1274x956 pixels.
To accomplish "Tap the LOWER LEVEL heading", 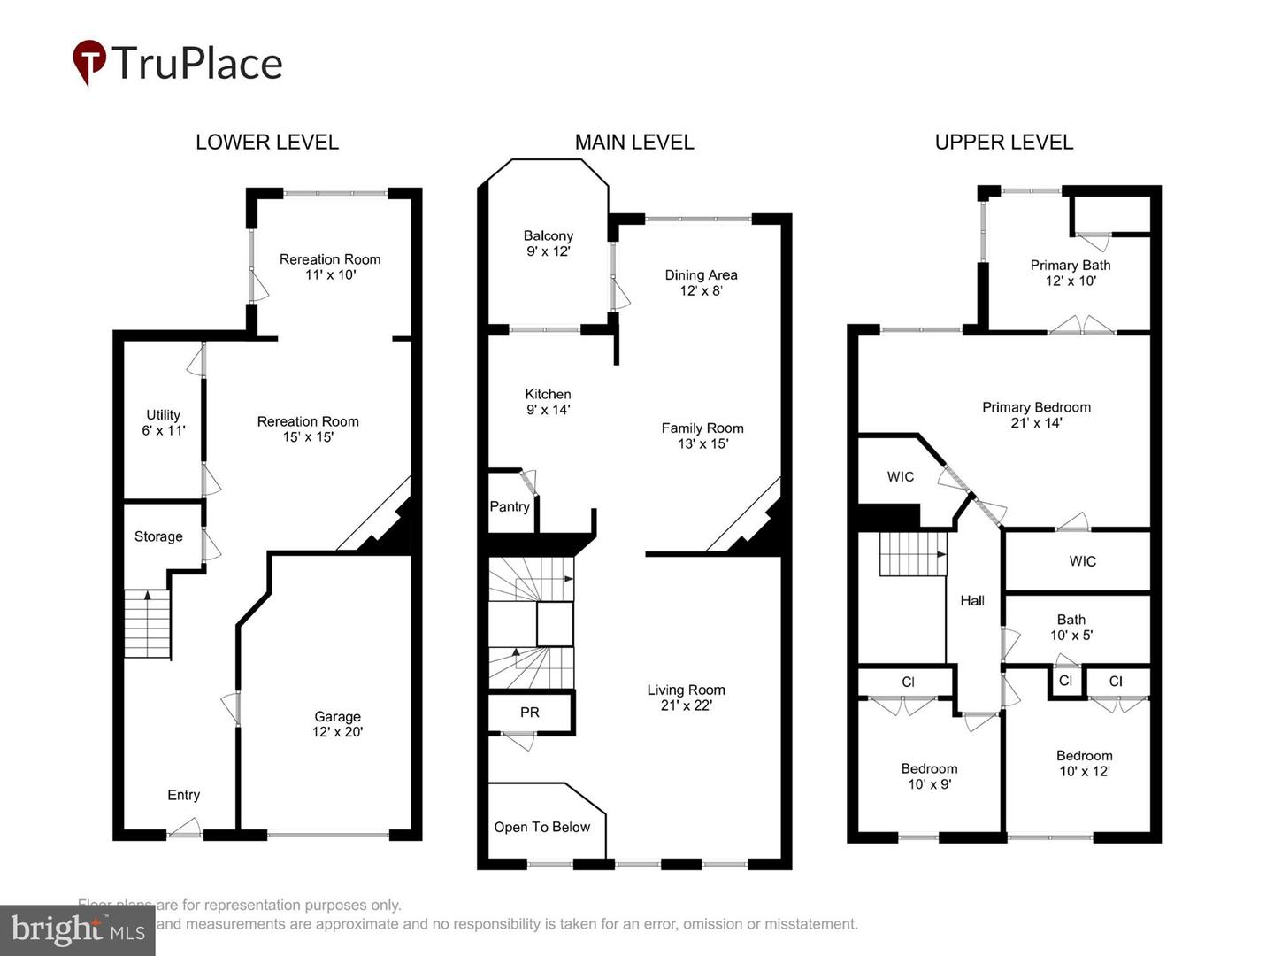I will [266, 142].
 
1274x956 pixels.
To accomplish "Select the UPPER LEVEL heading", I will [1003, 142].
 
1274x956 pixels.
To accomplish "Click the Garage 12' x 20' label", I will [337, 724].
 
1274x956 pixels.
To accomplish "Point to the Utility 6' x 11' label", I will [163, 422].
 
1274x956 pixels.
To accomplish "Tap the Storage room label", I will [158, 536].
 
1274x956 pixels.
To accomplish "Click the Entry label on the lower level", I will [183, 795].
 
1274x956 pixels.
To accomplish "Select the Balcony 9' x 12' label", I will [548, 243].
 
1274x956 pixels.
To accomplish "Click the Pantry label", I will [510, 507].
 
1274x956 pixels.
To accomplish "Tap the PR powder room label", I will [529, 713].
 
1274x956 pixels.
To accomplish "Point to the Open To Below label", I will [541, 827].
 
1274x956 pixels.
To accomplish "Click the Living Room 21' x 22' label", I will [686, 698].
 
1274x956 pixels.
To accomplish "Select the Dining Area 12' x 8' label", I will [701, 282].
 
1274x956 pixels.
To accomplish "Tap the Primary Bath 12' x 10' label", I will [1070, 273].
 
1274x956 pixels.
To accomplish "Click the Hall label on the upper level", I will [972, 600].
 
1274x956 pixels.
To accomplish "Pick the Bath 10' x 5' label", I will [1071, 628].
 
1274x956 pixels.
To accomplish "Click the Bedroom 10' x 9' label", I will [929, 776].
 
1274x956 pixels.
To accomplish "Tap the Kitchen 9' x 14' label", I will [548, 402].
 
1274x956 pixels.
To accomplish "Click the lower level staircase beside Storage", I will [146, 624].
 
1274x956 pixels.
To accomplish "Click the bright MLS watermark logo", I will [77, 929].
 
